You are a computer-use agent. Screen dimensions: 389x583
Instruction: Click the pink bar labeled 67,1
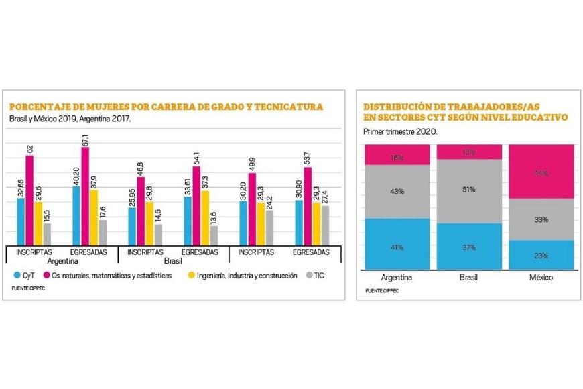tap(85, 196)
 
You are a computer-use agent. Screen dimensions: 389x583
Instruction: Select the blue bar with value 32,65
tap(21, 221)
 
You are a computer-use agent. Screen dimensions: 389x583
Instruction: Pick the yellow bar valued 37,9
tap(94, 217)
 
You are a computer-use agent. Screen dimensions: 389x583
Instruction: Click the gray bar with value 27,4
tap(324, 225)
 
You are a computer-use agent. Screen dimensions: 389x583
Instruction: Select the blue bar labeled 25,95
tap(132, 226)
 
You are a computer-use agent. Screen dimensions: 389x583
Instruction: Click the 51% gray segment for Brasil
tap(468, 191)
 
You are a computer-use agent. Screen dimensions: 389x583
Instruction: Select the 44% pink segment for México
tap(541, 172)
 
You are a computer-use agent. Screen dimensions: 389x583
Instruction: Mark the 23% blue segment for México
tap(541, 254)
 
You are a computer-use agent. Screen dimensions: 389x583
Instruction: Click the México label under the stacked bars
tap(541, 278)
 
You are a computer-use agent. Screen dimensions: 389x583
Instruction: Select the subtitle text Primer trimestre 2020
tap(400, 132)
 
